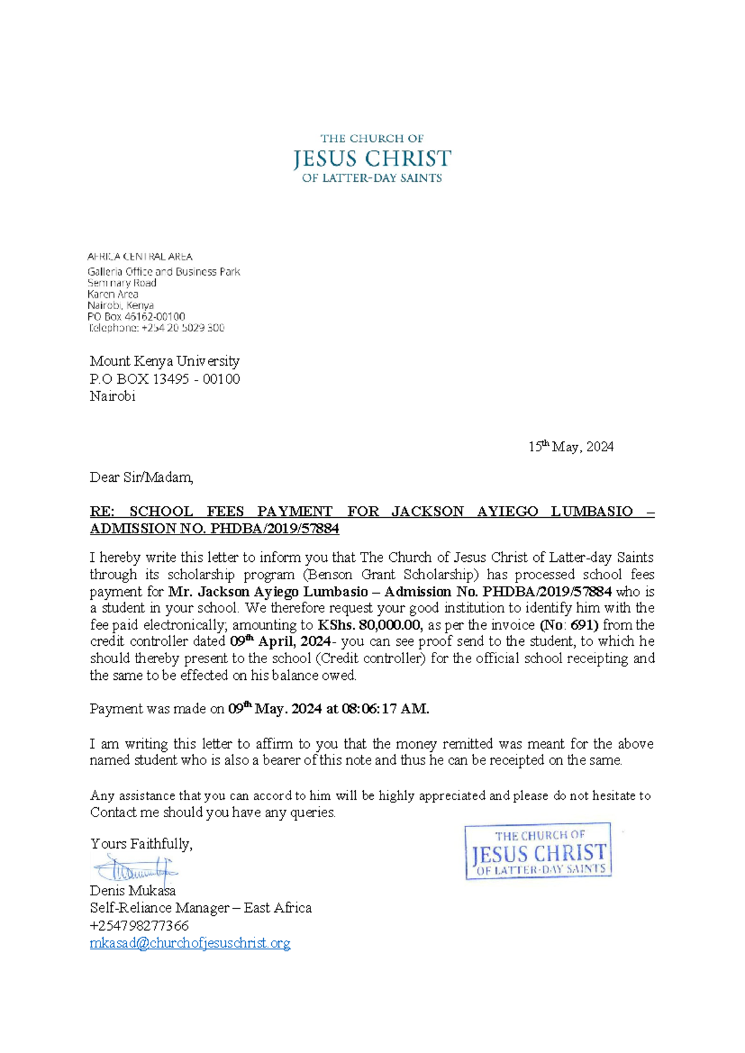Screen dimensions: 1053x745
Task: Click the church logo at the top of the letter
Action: [372, 159]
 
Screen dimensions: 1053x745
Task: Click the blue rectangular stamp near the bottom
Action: [538, 851]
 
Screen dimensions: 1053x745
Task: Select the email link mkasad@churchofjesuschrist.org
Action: [190, 943]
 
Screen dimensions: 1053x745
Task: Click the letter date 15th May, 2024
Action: [571, 446]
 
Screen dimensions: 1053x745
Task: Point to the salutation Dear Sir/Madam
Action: [142, 477]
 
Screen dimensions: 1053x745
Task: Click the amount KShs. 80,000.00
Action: [370, 625]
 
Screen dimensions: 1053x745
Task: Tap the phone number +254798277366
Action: [139, 926]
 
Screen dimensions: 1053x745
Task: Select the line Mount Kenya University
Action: [165, 361]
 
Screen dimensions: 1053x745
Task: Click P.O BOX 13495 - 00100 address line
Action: [165, 379]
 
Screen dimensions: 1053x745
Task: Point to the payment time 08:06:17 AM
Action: [385, 709]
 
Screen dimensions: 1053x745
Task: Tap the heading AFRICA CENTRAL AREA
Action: [140, 256]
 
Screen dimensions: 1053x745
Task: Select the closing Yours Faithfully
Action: [141, 844]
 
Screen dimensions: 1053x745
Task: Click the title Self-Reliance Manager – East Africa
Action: [201, 908]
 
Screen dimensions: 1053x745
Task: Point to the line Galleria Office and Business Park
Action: [163, 272]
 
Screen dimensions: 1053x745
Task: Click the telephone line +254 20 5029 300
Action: [156, 328]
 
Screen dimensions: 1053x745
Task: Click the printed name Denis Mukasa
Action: [132, 891]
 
